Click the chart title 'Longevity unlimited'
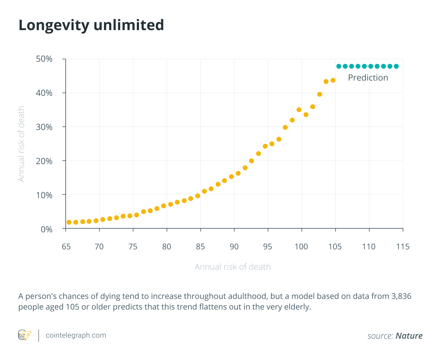[91, 26]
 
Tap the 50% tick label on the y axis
[44, 59]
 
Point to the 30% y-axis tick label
[44, 127]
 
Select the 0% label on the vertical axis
[47, 229]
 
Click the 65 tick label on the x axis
[66, 247]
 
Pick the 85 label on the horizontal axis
[200, 247]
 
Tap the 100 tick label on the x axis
[301, 247]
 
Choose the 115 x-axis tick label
[402, 247]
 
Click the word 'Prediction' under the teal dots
[368, 78]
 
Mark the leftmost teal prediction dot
[339, 66]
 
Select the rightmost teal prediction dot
[396, 66]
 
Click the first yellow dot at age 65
[69, 222]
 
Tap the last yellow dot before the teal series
[333, 80]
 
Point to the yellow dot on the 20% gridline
[251, 161]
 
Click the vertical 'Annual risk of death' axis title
[21, 144]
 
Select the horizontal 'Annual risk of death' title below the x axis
[233, 267]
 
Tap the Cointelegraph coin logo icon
[24, 335]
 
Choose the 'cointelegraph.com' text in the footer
[76, 335]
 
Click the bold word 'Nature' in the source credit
[409, 336]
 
